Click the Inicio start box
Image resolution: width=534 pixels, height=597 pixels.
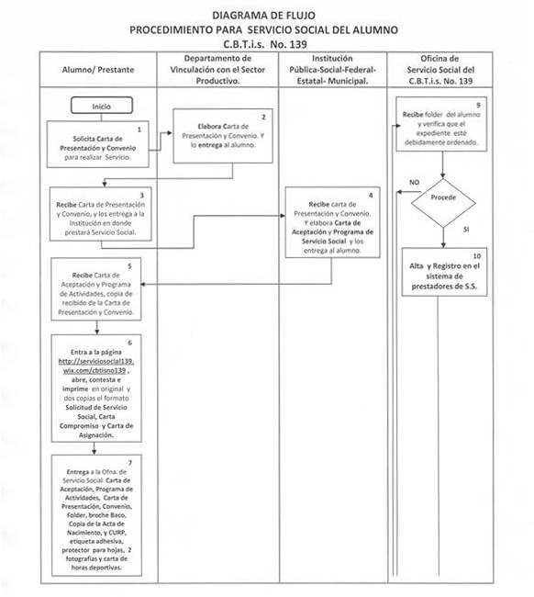[101, 107]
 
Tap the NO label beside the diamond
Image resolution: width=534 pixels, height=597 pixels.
[402, 182]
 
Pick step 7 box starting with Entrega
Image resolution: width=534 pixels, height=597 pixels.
[97, 514]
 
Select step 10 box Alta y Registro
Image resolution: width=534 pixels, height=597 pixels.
[444, 272]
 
